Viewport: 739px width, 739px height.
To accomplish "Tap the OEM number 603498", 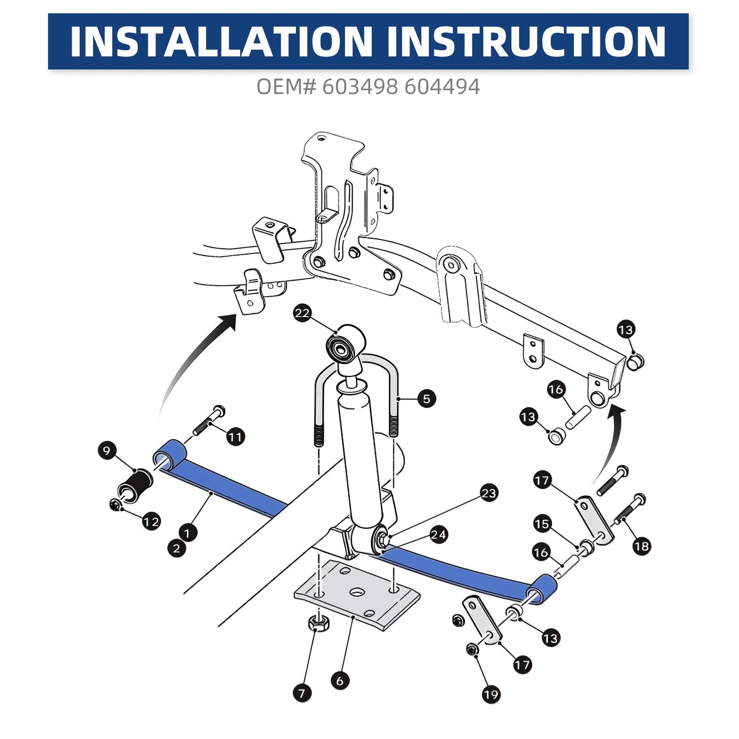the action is coord(360,86).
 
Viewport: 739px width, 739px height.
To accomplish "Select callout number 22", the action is coord(302,313).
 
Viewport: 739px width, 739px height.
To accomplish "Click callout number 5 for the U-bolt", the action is coord(427,399).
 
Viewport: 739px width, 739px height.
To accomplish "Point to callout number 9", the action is coord(107,450).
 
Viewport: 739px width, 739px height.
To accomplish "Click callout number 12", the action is coord(151,522).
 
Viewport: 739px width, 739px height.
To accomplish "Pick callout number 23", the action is coord(488,493).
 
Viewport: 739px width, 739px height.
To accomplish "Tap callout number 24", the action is coord(438,534).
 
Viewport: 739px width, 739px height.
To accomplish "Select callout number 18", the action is coord(642,546).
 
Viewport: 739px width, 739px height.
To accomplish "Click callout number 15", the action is coord(542,524).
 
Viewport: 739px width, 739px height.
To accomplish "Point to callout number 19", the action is coord(491,695).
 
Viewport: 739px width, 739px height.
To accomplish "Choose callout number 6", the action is coord(340,681).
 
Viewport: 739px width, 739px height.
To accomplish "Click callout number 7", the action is coord(302,693).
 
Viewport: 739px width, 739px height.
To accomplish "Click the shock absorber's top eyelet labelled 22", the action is coord(345,343).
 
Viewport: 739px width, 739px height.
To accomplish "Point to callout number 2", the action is coord(176,548).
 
